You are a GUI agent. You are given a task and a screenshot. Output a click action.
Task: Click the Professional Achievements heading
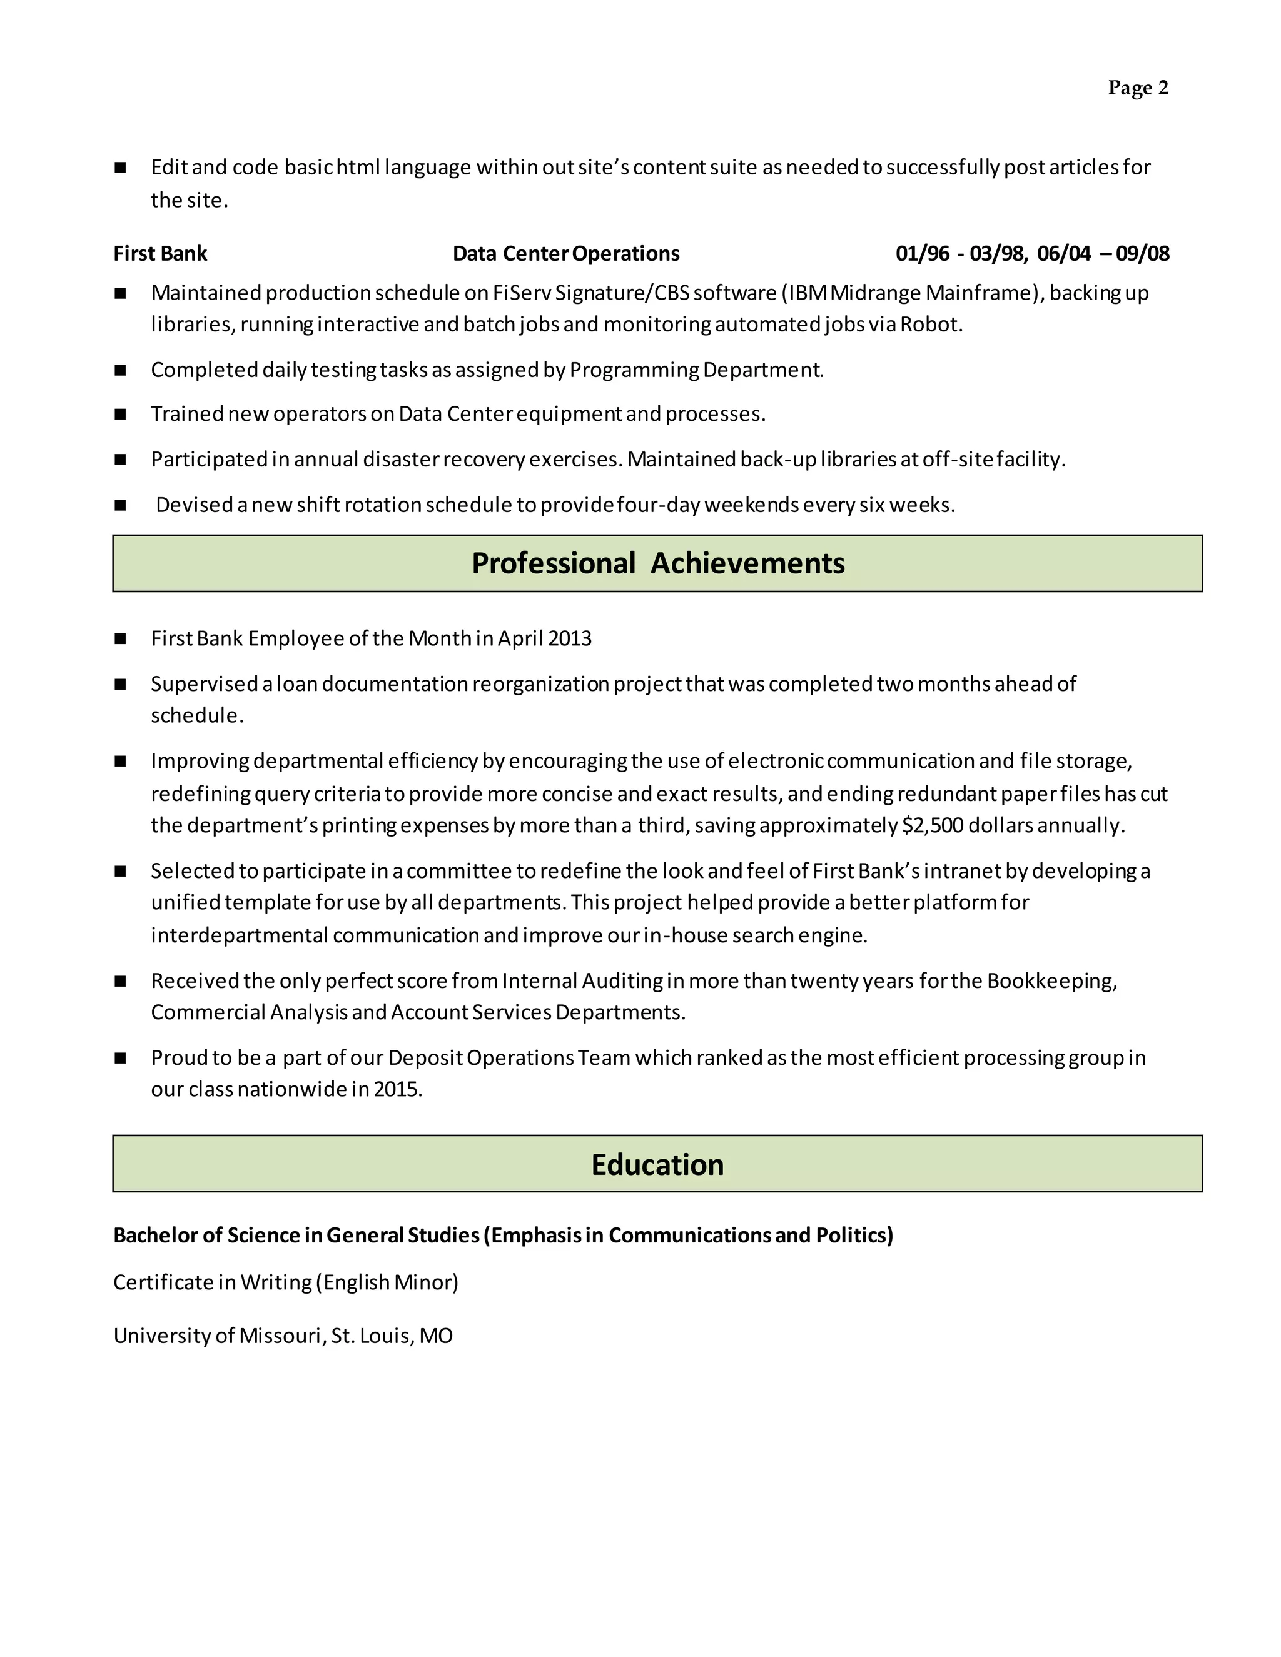click(657, 563)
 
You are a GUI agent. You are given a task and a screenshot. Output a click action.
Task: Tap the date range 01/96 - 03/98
click(960, 253)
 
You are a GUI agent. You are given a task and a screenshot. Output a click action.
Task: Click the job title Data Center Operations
click(565, 253)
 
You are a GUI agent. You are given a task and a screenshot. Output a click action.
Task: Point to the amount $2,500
click(933, 825)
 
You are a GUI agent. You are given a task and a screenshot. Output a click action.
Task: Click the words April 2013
click(544, 638)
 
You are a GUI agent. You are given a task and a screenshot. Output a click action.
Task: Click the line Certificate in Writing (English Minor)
click(285, 1282)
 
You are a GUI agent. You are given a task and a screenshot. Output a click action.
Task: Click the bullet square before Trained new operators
click(120, 414)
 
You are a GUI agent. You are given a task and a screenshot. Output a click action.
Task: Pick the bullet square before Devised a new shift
click(120, 505)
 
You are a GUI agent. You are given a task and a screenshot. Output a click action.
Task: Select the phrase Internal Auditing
click(582, 980)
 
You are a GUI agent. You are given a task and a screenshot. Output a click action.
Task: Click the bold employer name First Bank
click(160, 253)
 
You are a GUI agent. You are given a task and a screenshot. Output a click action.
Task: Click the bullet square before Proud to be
click(120, 1057)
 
